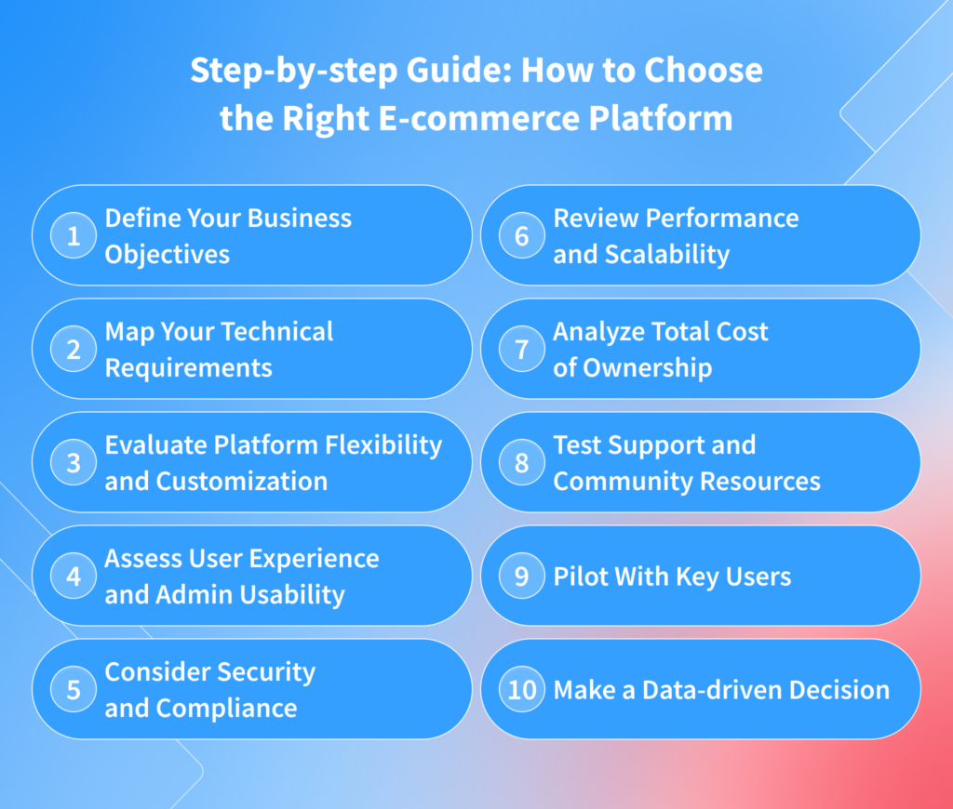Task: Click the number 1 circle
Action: click(x=74, y=236)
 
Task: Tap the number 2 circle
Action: click(x=74, y=350)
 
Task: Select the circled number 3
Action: click(x=74, y=463)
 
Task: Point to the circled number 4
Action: click(x=74, y=577)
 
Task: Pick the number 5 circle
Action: click(x=74, y=690)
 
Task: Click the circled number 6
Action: click(x=522, y=236)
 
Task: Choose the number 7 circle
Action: click(x=522, y=350)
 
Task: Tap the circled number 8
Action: click(x=522, y=463)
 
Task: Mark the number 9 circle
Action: click(x=522, y=577)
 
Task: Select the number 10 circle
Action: click(x=522, y=690)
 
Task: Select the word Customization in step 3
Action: click(x=241, y=482)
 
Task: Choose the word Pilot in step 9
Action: click(x=578, y=577)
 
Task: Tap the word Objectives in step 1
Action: click(x=167, y=255)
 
